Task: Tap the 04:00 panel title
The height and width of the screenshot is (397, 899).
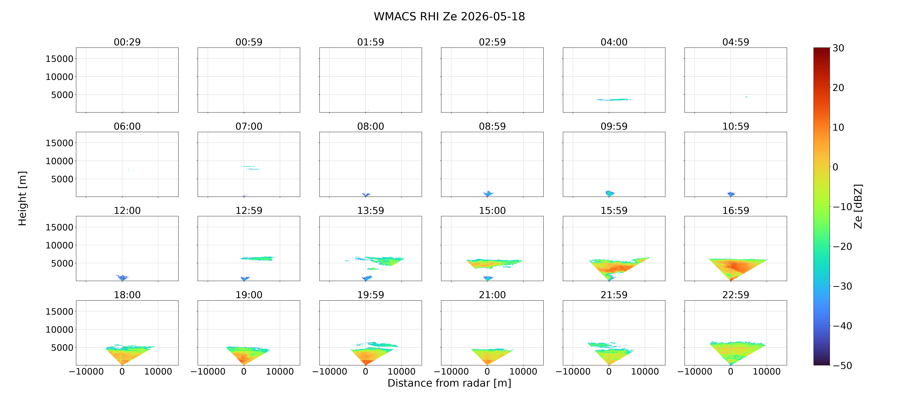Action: (614, 42)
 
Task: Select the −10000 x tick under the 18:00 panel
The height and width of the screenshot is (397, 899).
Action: (86, 371)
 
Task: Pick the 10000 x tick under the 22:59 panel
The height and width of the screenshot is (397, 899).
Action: (767, 371)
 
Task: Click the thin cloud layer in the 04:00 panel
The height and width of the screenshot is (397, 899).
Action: (614, 100)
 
